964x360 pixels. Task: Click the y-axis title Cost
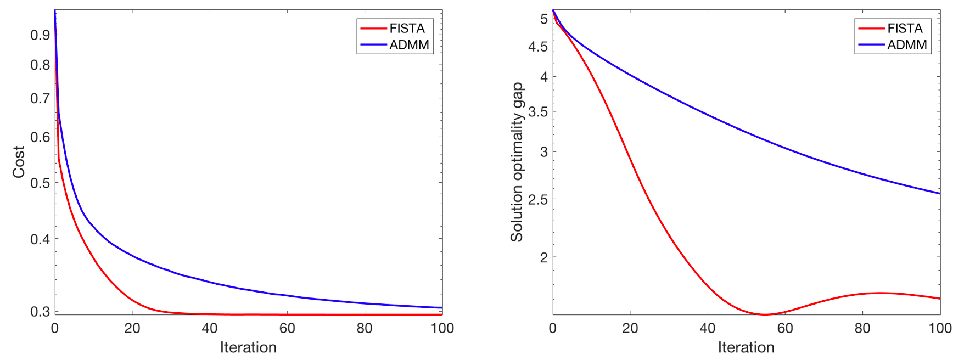pos(19,162)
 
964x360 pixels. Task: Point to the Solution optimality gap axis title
pos(517,162)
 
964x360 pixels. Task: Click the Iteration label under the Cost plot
pos(248,347)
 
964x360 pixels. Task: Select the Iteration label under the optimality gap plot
pos(746,347)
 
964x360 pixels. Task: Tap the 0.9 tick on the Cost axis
pos(40,35)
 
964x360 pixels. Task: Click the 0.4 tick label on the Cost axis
pos(40,239)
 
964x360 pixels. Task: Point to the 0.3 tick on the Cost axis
pos(40,312)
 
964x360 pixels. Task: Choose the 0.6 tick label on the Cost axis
pos(40,137)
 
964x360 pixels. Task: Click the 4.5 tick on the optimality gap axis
pos(538,47)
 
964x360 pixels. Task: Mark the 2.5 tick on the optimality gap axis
pos(538,200)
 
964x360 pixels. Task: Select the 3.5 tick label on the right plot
pos(538,112)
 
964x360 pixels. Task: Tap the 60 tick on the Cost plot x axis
pos(287,328)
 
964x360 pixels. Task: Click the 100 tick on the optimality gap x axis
pos(940,328)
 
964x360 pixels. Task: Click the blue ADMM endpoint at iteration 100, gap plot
pos(940,194)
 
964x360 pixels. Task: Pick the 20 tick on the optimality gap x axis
pos(630,328)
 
